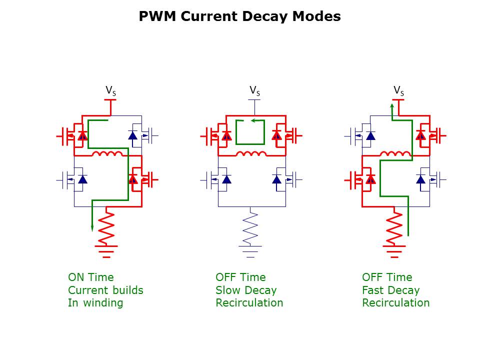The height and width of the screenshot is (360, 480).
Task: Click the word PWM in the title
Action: click(x=157, y=16)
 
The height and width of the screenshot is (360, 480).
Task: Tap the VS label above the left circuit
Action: click(x=110, y=90)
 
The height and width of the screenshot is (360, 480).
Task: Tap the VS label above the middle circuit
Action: click(x=254, y=90)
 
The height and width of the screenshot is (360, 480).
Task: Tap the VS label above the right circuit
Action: click(x=398, y=90)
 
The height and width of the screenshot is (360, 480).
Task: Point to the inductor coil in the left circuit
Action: click(x=106, y=153)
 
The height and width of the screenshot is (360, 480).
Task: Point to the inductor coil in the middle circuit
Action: click(x=250, y=153)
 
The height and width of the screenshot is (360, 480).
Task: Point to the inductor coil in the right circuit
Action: click(x=394, y=153)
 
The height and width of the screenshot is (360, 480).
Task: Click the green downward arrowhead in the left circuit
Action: click(x=92, y=228)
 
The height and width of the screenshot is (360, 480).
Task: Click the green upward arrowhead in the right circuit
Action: click(x=392, y=106)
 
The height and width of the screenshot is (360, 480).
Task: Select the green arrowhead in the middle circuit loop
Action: click(x=253, y=120)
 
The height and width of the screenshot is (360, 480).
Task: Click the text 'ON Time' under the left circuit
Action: click(x=90, y=277)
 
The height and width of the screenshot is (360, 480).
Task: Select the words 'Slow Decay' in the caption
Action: click(x=246, y=290)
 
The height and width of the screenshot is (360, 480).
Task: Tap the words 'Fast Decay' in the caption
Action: click(x=390, y=290)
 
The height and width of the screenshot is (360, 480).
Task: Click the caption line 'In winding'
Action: click(x=95, y=303)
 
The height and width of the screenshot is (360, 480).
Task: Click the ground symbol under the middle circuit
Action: click(x=250, y=250)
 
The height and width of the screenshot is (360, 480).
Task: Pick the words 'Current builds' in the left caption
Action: click(x=105, y=290)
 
